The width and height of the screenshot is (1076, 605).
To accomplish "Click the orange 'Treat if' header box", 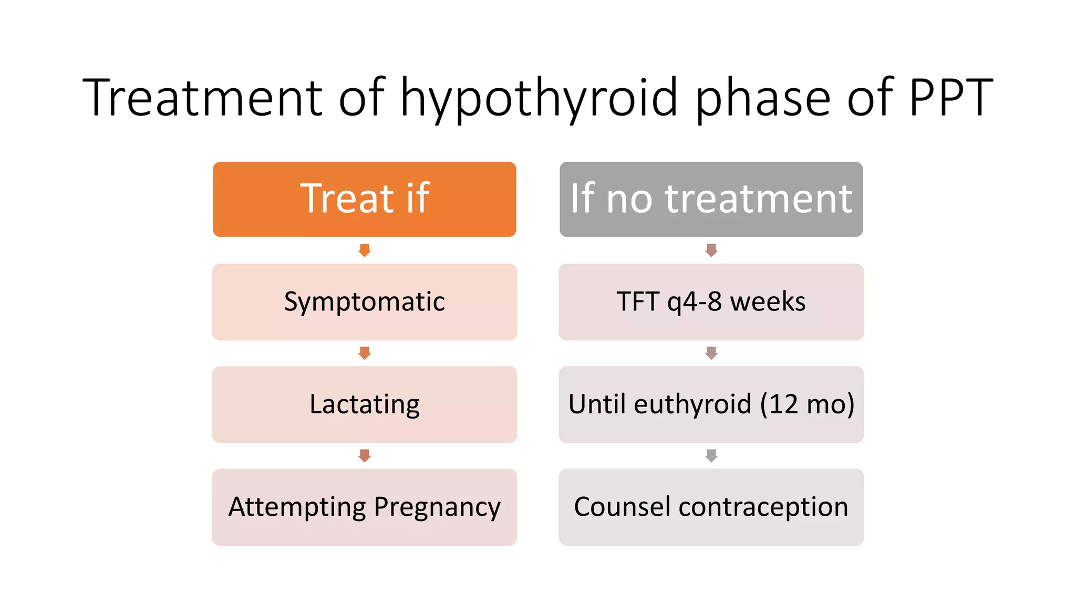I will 364,199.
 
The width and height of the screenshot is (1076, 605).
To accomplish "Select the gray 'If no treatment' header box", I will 711,199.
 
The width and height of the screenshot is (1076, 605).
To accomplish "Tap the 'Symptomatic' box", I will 364,302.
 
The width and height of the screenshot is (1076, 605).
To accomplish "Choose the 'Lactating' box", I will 364,404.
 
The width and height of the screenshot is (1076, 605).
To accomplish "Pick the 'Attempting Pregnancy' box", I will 364,507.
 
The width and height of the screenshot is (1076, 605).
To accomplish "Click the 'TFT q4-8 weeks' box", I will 711,302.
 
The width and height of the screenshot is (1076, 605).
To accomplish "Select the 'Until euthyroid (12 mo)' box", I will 711,404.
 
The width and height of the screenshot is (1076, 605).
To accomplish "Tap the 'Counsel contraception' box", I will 711,507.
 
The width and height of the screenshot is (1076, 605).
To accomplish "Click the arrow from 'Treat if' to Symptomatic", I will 365,251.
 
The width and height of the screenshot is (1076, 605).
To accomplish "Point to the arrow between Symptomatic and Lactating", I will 365,353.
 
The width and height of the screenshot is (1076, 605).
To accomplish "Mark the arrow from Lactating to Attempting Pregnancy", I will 365,455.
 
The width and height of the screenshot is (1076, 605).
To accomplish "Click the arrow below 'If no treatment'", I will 711,251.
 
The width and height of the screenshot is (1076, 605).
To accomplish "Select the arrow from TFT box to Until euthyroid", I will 711,353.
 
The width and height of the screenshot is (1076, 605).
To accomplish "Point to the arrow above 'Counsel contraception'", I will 711,455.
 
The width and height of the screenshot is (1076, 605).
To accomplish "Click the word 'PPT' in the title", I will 950,97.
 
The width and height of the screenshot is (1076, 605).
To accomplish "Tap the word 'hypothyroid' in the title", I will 539,98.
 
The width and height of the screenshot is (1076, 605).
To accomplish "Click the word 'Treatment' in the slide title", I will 203,97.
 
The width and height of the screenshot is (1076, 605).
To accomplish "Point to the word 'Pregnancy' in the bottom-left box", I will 437,508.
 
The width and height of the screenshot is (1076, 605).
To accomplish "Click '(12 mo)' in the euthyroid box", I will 807,404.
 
